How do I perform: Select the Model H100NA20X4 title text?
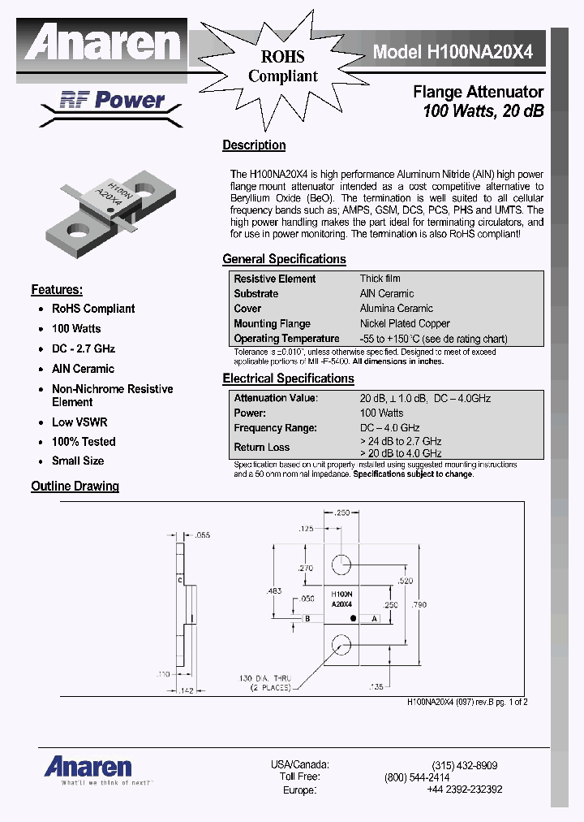coord(453,52)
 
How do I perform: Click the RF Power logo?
coord(112,101)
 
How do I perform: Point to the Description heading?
coord(254,145)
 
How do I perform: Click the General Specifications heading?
coord(284,259)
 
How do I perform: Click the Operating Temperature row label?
coord(286,339)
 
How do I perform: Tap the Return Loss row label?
coord(261,447)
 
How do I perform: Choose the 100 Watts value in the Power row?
coord(381,413)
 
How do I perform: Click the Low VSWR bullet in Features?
coord(79,422)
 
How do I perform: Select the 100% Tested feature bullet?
coord(84,442)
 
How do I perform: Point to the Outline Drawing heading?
coord(75,487)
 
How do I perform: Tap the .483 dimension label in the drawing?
coord(275,591)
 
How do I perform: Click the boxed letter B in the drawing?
coord(307,619)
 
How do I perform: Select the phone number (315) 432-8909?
coord(465,765)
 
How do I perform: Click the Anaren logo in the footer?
coord(88,766)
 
